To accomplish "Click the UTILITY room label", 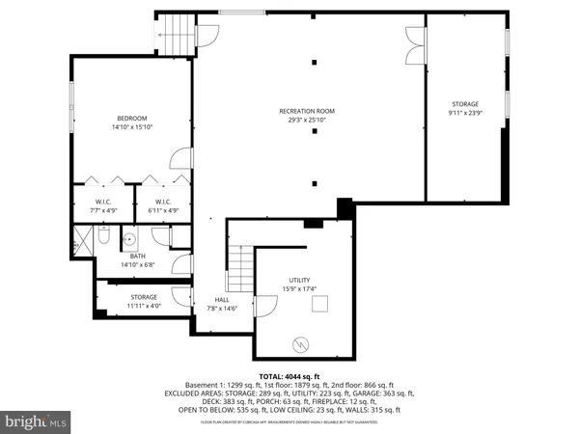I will (x=299, y=280).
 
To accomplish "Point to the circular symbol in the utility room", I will (x=299, y=343).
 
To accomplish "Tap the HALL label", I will (x=221, y=300).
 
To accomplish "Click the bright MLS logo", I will (x=36, y=421).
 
